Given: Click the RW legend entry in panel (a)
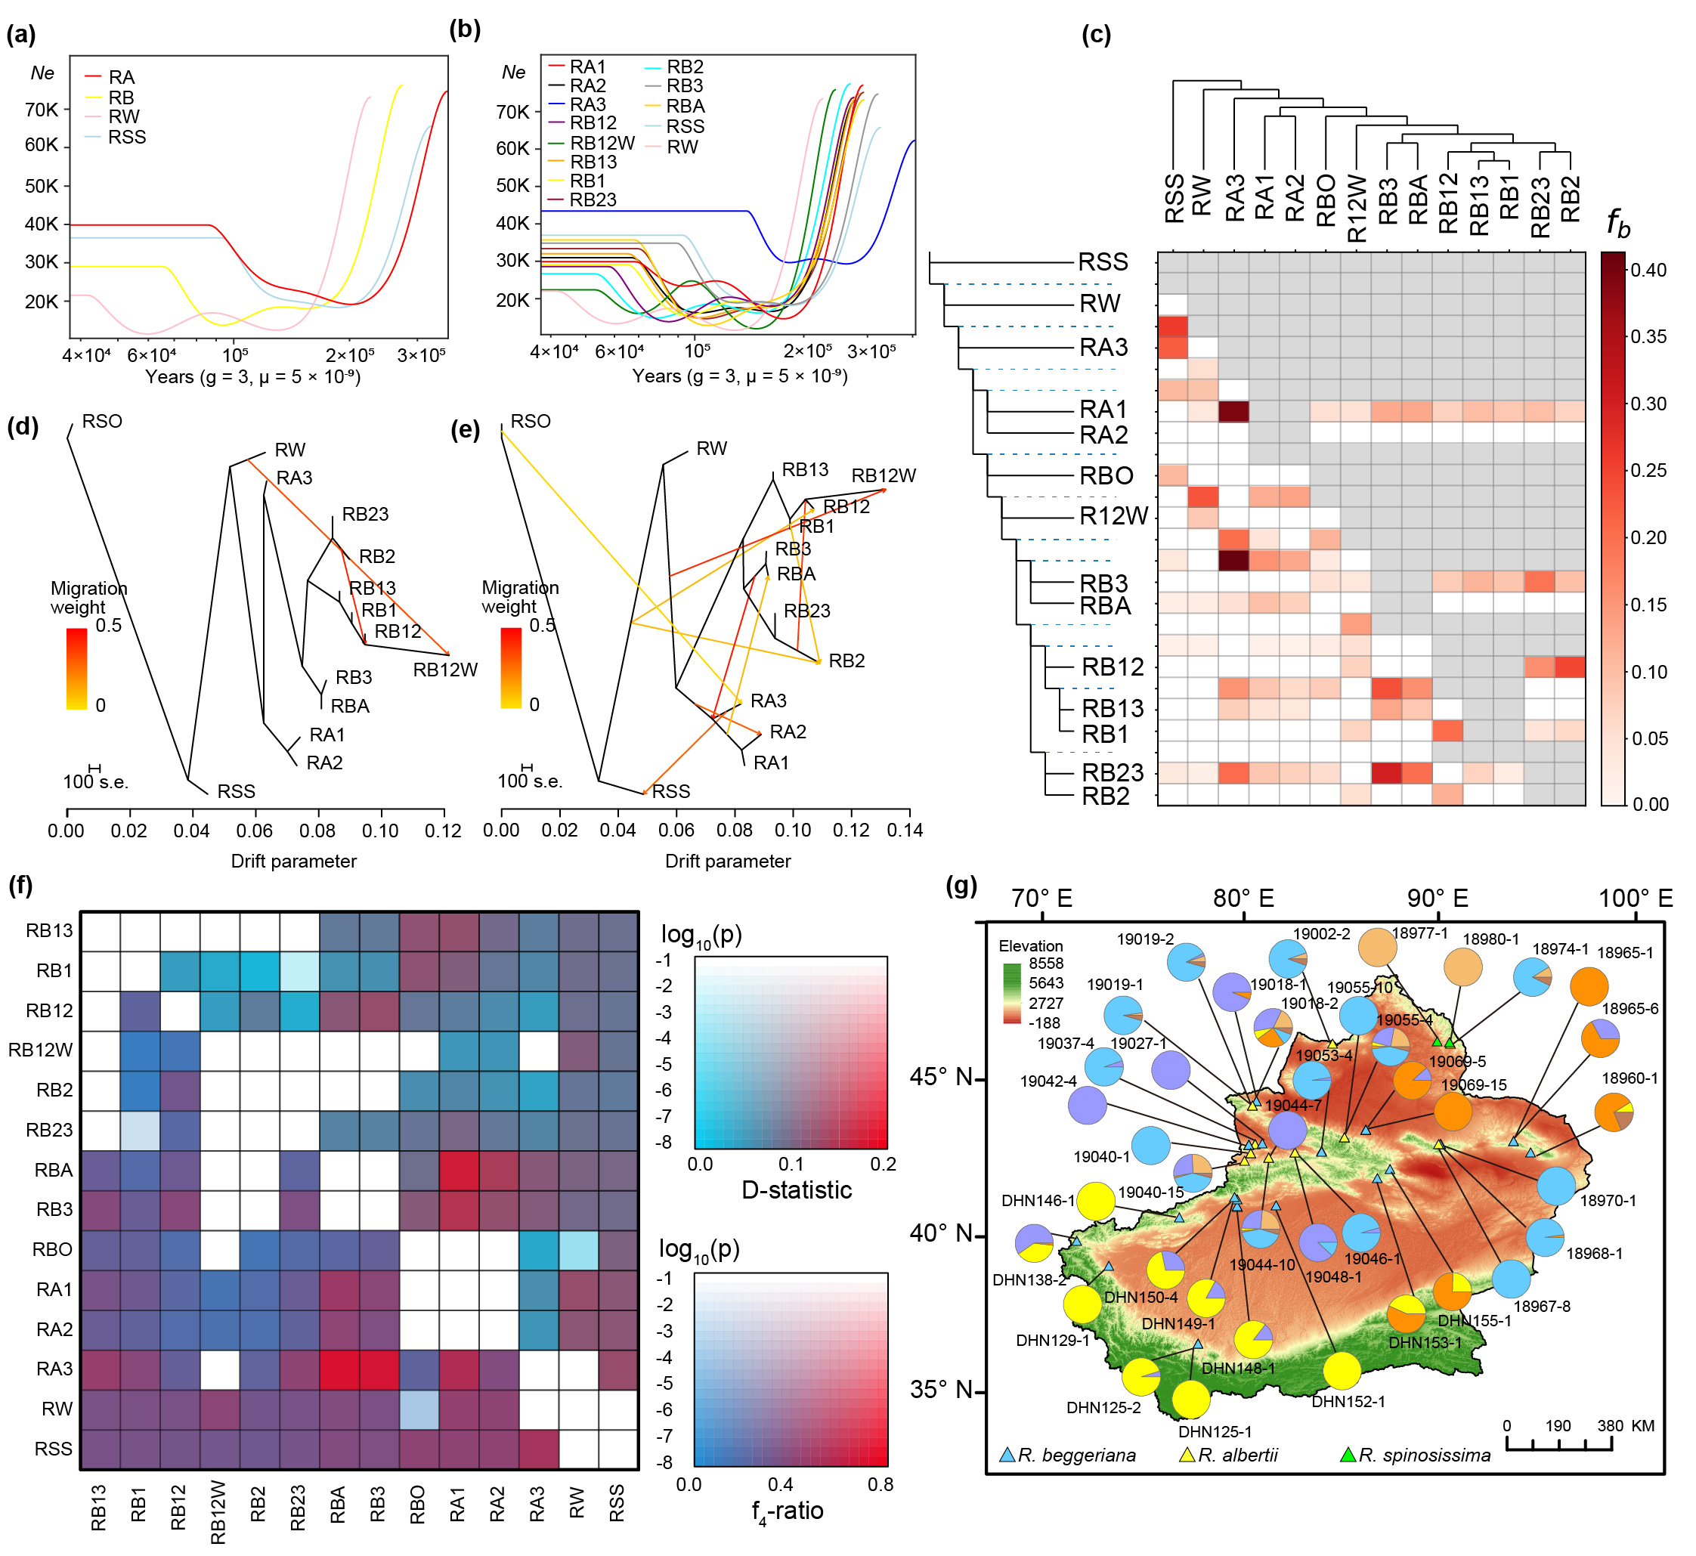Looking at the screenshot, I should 124,117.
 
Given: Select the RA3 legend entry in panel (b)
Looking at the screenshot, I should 588,104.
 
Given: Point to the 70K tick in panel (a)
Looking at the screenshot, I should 42,110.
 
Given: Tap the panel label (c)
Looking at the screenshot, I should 1096,35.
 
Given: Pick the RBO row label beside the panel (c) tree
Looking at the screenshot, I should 1106,476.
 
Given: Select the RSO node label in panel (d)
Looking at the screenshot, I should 102,421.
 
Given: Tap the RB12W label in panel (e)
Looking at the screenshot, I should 884,476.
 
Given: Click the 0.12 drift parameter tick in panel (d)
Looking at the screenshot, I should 443,831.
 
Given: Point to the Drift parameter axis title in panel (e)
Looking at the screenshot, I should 728,862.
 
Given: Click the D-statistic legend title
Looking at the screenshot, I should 796,1189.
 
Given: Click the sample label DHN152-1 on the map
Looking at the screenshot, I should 1348,1402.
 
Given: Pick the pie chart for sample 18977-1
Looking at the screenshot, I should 1378,947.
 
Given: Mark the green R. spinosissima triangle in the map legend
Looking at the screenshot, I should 1348,1455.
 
